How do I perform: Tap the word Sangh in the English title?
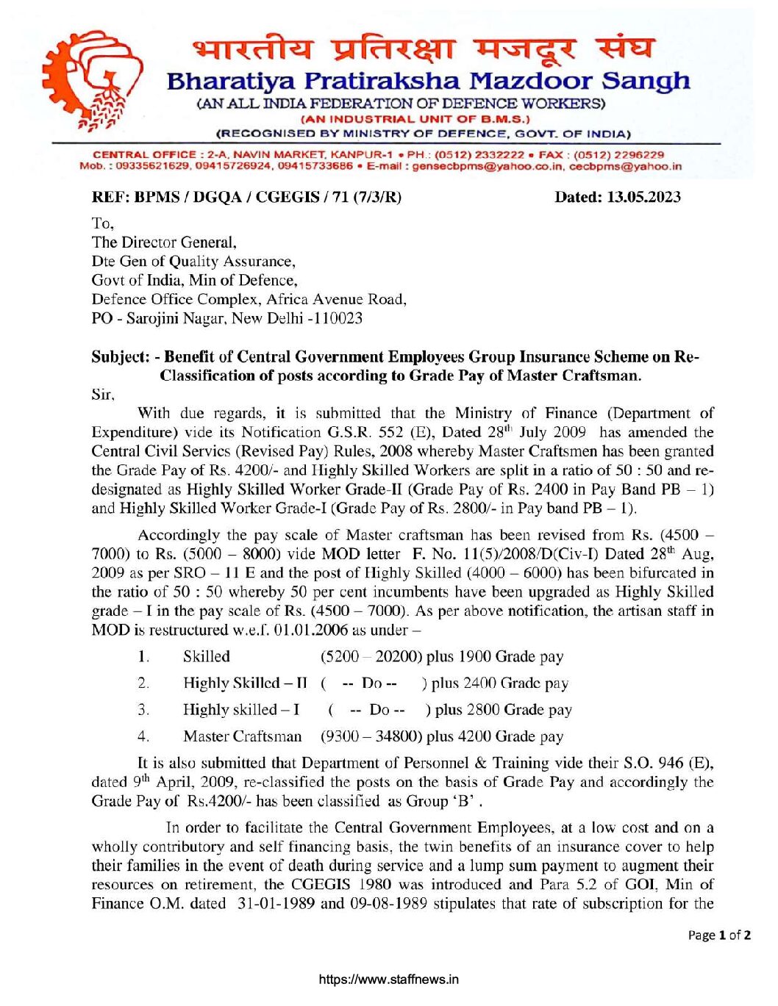tap(646, 80)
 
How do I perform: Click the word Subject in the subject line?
tap(120, 357)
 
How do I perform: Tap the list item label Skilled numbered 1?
tap(207, 657)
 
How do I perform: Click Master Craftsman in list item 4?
tap(242, 736)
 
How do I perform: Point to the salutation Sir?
tap(102, 395)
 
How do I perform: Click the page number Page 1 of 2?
tap(719, 935)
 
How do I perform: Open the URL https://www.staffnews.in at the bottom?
tap(389, 980)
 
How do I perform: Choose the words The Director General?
tap(163, 242)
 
